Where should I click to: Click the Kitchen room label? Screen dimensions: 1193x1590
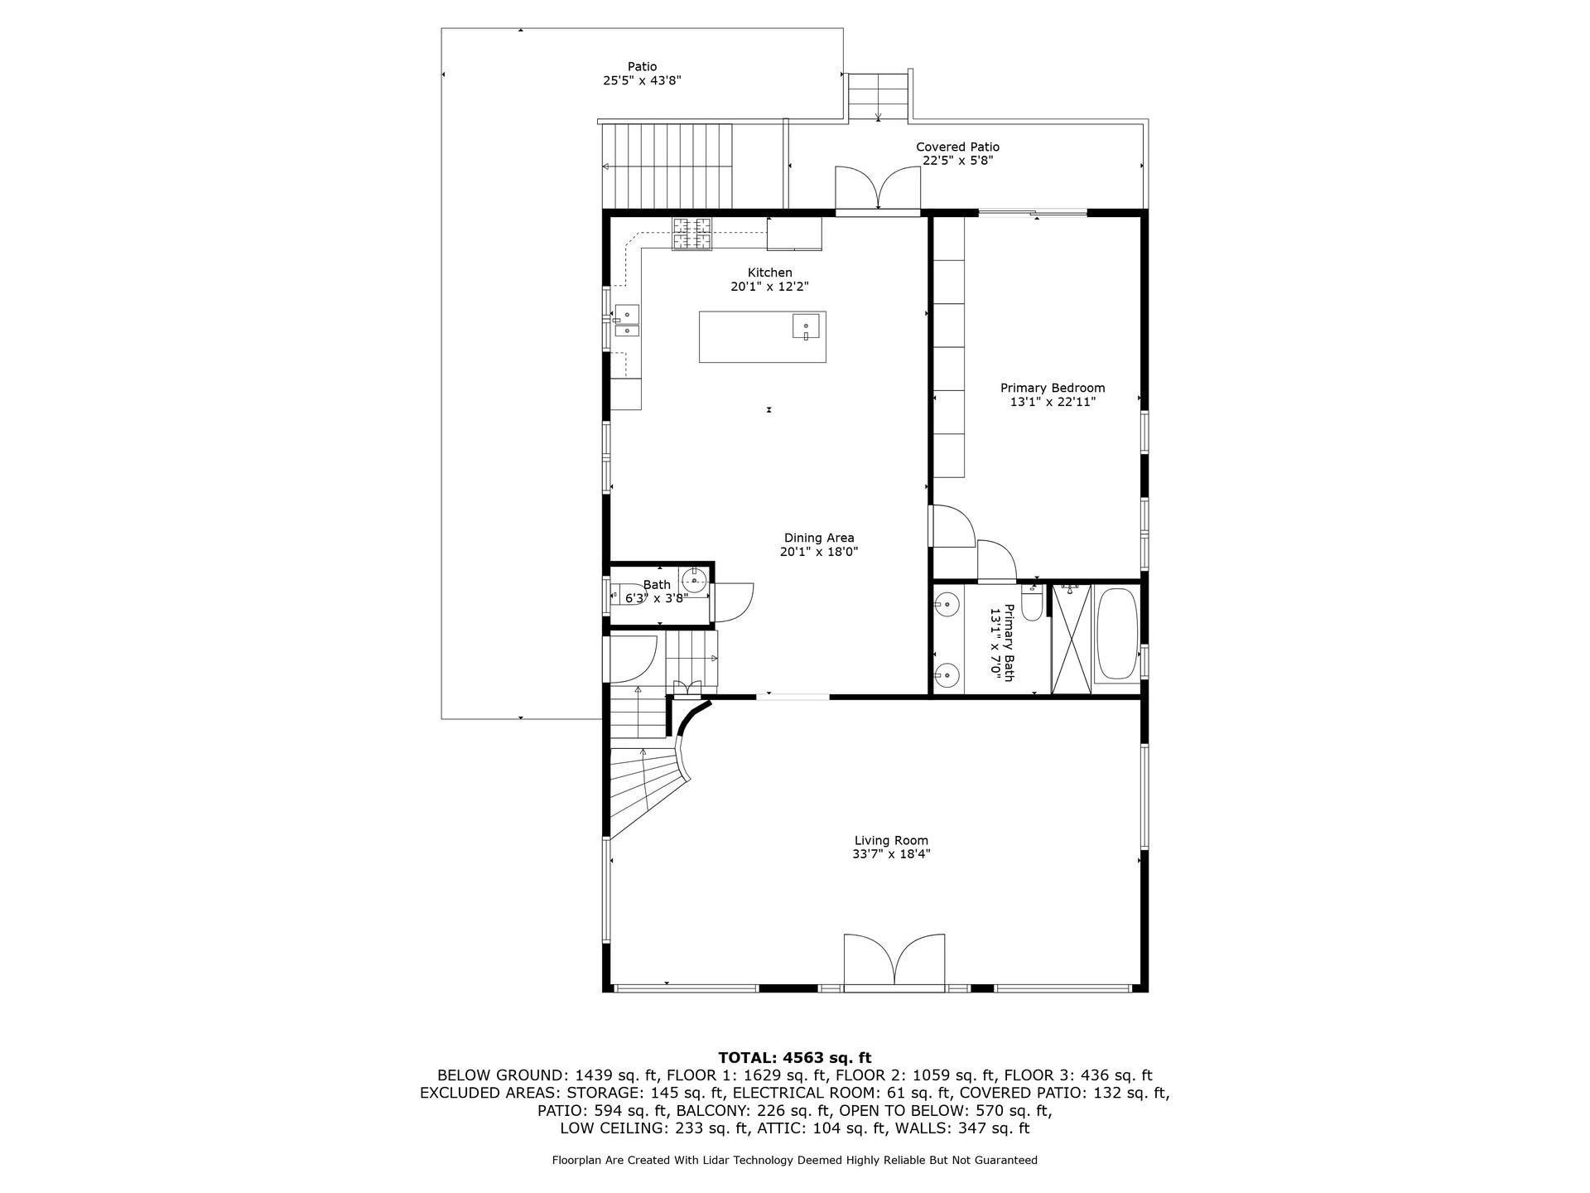click(x=769, y=273)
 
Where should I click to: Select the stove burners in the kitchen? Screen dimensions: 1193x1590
click(x=691, y=233)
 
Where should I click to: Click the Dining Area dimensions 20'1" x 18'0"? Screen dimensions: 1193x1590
click(x=818, y=552)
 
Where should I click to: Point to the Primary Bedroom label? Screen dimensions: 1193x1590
click(x=1052, y=388)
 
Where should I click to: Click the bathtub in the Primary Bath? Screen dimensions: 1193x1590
click(x=1116, y=635)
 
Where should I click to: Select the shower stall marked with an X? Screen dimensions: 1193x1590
click(x=1071, y=639)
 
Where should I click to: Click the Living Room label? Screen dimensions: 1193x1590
click(x=891, y=840)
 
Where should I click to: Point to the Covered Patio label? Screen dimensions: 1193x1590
click(x=957, y=147)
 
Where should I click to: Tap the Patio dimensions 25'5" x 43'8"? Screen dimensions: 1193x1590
click(x=642, y=81)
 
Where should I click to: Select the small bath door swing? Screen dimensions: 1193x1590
click(x=734, y=602)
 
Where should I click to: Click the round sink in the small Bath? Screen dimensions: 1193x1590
click(x=694, y=581)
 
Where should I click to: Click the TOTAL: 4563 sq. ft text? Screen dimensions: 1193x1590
click(x=794, y=1057)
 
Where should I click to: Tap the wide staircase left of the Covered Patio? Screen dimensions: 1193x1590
click(x=667, y=166)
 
